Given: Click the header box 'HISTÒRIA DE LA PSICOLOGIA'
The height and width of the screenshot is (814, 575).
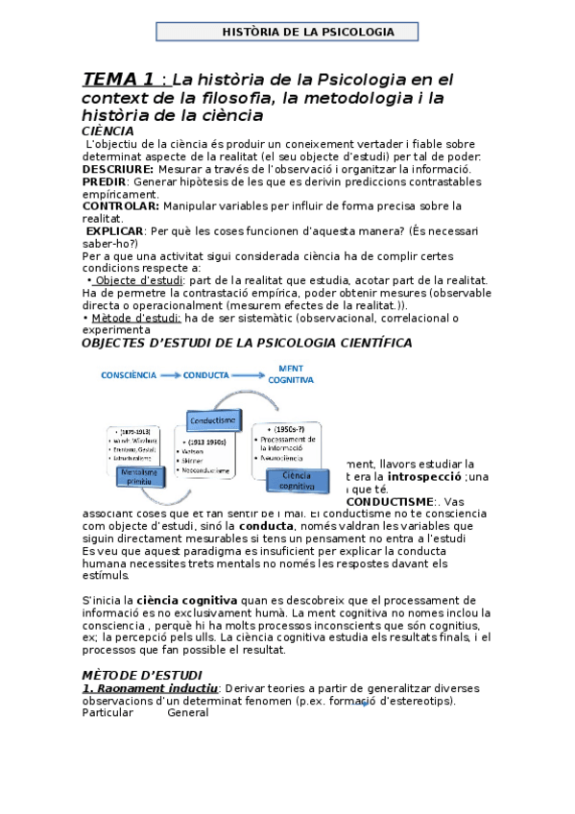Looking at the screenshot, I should click(288, 32).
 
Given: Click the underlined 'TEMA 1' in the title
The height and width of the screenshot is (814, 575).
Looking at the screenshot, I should click(118, 79).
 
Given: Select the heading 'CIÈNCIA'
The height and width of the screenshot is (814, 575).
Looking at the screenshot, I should click(108, 132).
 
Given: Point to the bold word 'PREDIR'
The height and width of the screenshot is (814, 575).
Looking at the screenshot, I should click(104, 180).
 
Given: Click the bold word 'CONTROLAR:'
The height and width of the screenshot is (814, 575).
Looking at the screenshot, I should click(121, 205).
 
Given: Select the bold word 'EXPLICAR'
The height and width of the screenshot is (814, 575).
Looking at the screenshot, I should click(114, 230).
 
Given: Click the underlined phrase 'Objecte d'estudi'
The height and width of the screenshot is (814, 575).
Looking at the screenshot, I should click(133, 280).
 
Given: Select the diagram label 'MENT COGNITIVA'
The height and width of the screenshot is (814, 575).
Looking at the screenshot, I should click(296, 373).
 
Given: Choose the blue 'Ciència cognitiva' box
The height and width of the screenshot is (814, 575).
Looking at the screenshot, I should click(296, 480).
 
